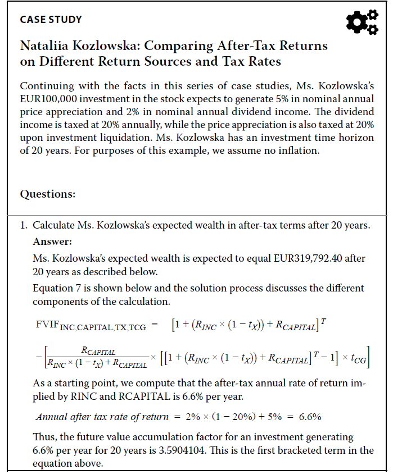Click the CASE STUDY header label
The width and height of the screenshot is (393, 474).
point(51,20)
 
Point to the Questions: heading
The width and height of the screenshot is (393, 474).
point(47,194)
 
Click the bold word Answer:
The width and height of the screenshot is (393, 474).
point(52,242)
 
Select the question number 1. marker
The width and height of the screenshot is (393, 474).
point(24,226)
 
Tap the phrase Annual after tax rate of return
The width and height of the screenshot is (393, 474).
point(102,416)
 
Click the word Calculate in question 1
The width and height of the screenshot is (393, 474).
point(56,226)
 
